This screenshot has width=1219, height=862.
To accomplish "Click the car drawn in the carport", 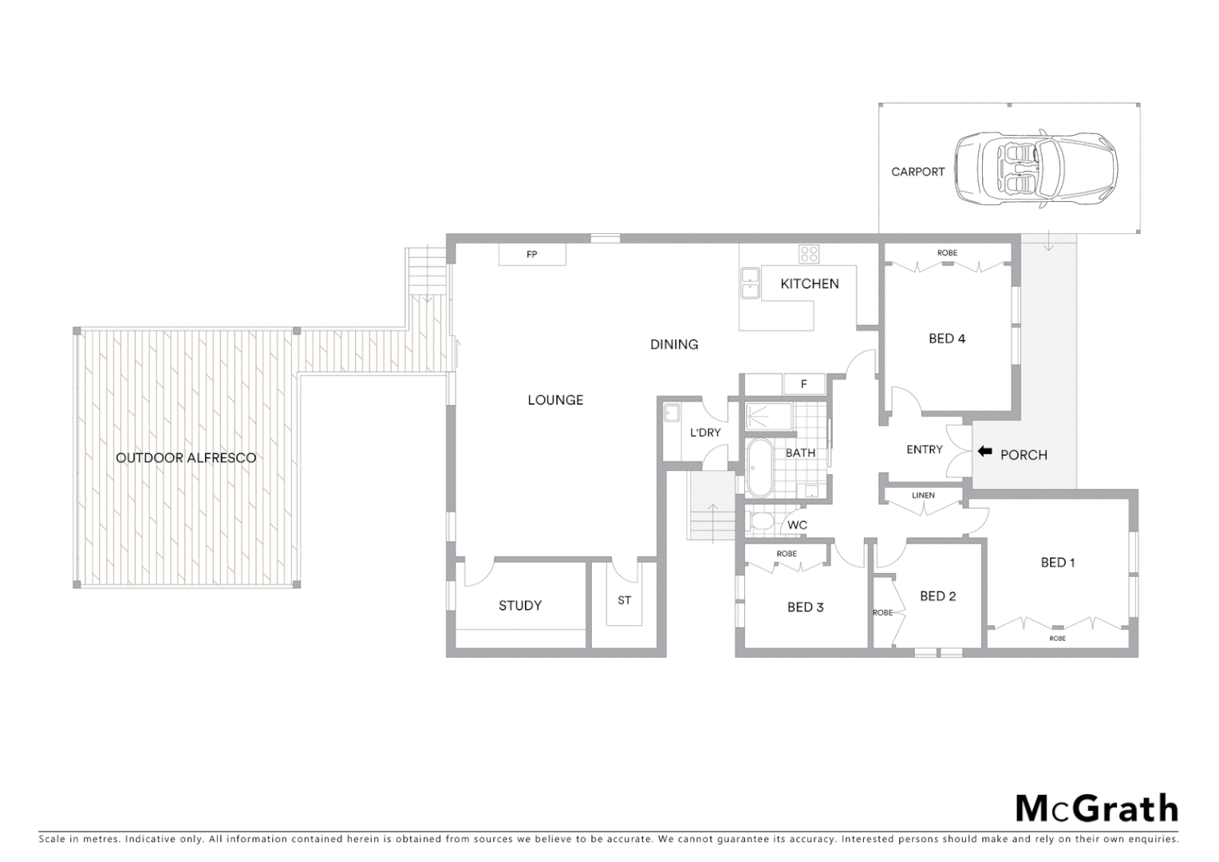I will point(1036,169).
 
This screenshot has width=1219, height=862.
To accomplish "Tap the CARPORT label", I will point(917,172).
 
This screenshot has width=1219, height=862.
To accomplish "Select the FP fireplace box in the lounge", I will point(532,255).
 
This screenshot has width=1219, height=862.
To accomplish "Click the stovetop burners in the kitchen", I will point(809,254).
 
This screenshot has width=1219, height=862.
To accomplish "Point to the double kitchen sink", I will point(750,283).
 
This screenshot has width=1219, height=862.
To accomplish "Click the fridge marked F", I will point(803,384).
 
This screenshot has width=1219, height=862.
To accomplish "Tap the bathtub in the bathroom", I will point(759,467).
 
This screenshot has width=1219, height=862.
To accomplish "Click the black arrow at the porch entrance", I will point(984,453).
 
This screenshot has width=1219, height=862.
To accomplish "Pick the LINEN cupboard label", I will point(923,496).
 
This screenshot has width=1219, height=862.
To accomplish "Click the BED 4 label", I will point(947,338).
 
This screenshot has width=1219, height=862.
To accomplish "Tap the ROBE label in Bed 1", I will point(1057,639).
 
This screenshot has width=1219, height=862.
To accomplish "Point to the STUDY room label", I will point(520,606).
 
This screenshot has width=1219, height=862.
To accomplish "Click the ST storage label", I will point(624,600).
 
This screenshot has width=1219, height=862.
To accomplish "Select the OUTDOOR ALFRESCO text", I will point(186,458).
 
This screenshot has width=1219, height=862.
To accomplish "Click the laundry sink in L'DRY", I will point(672,413).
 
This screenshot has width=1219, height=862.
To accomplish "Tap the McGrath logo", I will point(1096,809).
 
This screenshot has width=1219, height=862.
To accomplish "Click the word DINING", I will point(674,345).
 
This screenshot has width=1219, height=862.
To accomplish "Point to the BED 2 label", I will point(937,596).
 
